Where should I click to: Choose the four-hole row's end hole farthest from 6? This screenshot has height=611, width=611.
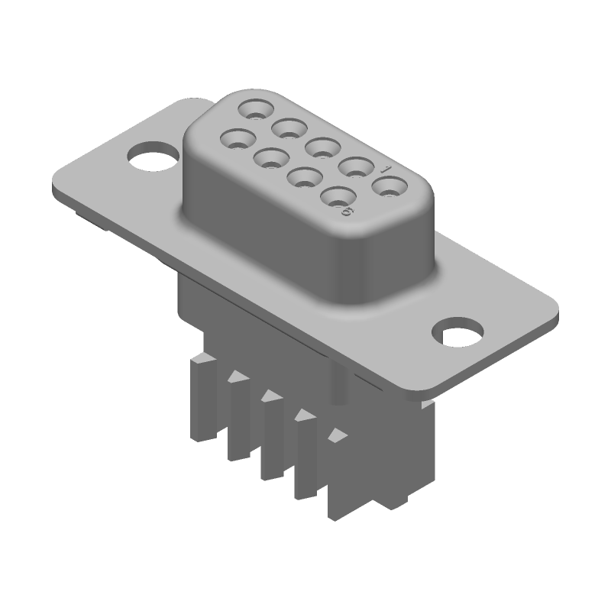click(236, 139)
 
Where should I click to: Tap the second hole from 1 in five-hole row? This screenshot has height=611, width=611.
click(356, 165)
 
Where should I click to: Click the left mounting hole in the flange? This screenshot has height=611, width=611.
click(150, 157)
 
